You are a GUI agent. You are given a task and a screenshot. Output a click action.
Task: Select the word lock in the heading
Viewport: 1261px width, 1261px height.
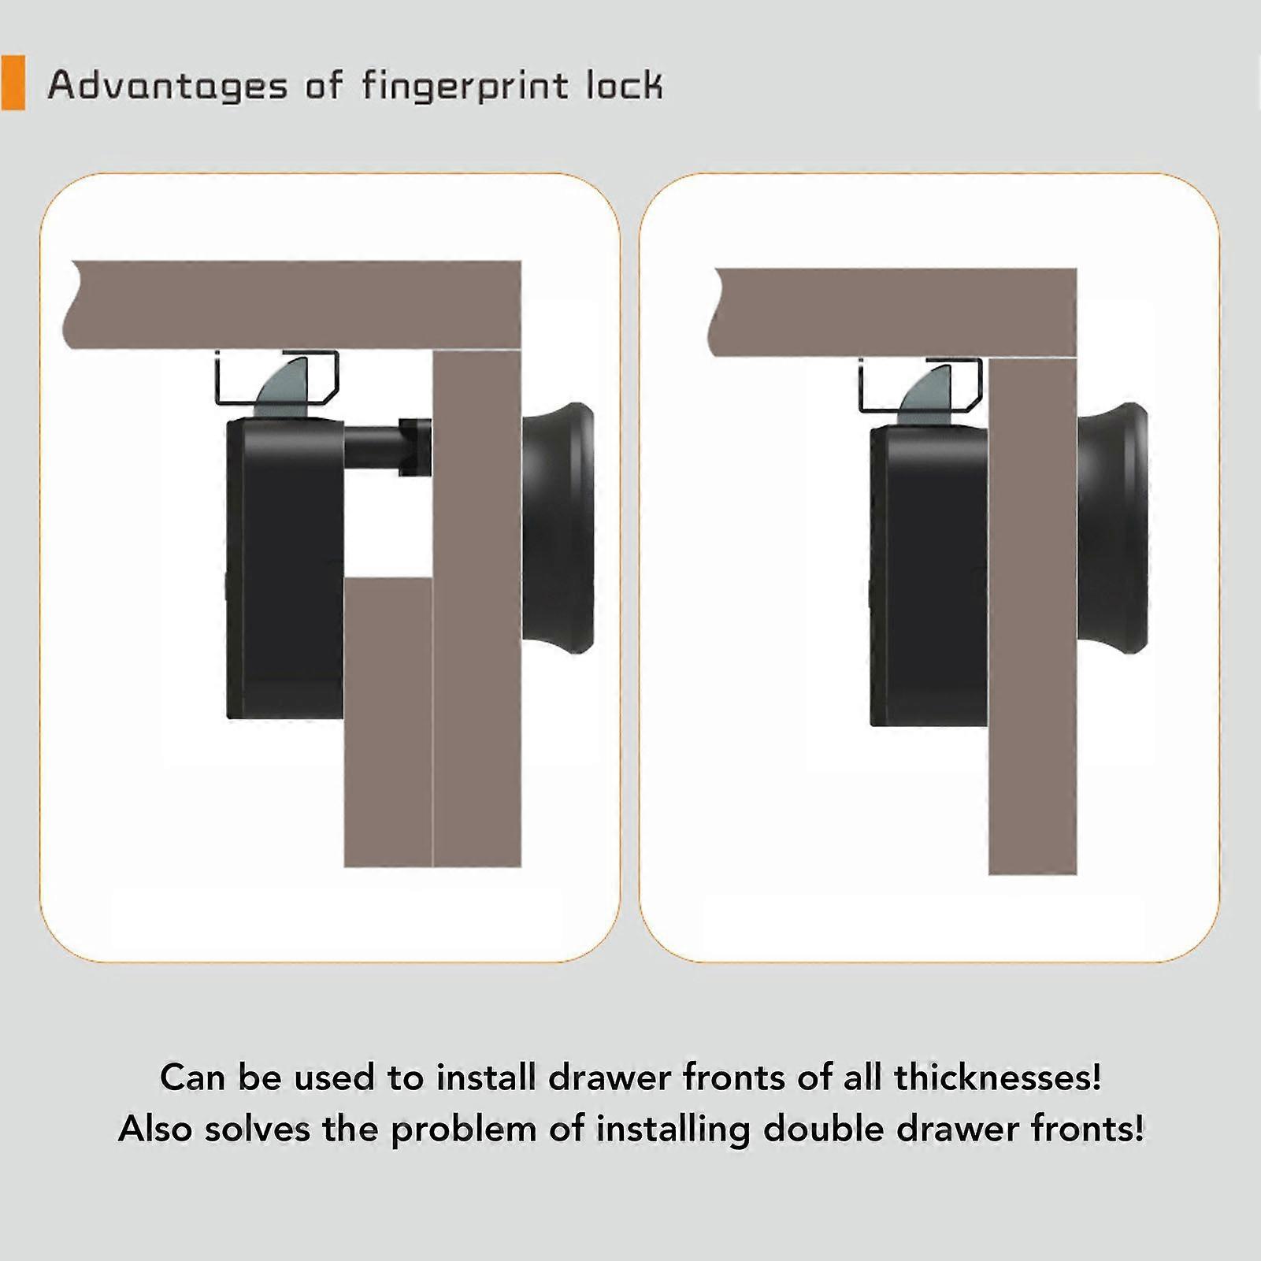623,84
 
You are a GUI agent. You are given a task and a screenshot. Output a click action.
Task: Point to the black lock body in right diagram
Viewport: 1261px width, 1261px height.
928,575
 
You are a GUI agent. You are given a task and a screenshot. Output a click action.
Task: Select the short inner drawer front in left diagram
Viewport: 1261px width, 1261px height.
388,721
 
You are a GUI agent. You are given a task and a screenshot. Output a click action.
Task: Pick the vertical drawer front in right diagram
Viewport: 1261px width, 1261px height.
1032,630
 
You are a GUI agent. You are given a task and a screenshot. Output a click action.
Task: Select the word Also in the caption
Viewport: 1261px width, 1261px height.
155,1129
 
